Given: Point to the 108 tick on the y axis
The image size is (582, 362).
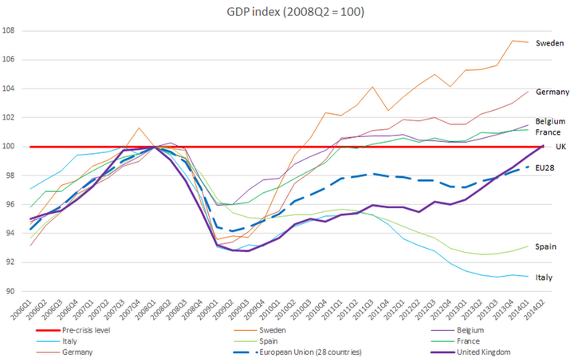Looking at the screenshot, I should (15, 30).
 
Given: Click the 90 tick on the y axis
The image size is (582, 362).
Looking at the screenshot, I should (17, 291).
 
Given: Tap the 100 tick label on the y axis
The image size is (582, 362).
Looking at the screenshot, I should (15, 147).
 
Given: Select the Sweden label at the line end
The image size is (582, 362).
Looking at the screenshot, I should (550, 43).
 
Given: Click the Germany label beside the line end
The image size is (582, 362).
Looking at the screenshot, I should (553, 92).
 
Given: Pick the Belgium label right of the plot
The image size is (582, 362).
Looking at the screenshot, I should (552, 120).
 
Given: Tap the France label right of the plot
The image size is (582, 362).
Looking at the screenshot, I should (549, 132).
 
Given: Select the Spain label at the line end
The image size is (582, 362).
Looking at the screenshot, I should (548, 246).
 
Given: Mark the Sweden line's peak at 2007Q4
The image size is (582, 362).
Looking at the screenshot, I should (140, 128).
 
